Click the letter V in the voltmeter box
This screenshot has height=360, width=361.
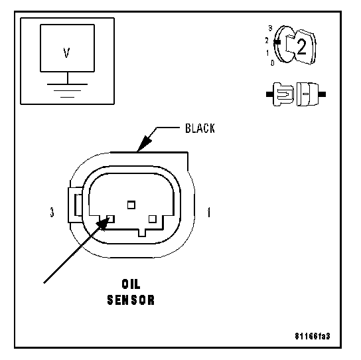(x=66, y=52)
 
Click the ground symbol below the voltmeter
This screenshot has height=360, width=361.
(x=67, y=90)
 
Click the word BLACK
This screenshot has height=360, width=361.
(x=200, y=128)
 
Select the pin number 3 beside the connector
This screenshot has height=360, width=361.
(x=52, y=212)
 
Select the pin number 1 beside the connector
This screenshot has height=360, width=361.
(x=209, y=212)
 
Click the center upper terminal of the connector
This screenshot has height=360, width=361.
(x=131, y=205)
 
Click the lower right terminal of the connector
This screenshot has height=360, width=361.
(x=153, y=219)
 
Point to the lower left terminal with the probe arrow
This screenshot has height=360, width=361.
(x=111, y=219)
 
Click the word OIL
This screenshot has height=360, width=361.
(x=131, y=284)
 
